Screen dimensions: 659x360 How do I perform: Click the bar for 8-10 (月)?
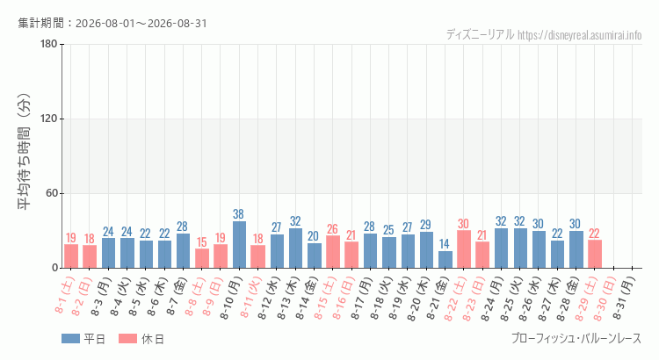click(239, 244)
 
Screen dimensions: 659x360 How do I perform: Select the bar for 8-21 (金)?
click(445, 260)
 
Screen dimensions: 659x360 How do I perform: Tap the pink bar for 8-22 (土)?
click(464, 249)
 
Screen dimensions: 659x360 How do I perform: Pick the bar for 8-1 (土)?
click(71, 256)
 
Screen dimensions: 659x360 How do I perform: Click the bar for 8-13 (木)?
click(295, 248)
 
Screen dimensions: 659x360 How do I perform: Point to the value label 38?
click(238, 214)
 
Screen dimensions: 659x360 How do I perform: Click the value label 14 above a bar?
click(445, 244)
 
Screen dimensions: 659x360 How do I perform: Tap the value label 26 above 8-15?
click(332, 229)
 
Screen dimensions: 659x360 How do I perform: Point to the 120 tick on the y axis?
click(49, 119)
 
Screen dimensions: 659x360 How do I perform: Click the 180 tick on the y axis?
click(49, 44)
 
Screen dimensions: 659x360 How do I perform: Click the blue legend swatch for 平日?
click(70, 339)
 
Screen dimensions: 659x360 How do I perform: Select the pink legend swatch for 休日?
click(127, 339)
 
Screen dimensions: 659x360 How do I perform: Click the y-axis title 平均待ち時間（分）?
click(24, 152)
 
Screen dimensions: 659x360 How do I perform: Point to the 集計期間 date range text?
click(112, 23)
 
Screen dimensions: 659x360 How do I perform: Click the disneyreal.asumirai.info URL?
click(580, 35)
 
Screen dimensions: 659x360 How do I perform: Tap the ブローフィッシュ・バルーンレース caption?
click(576, 338)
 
